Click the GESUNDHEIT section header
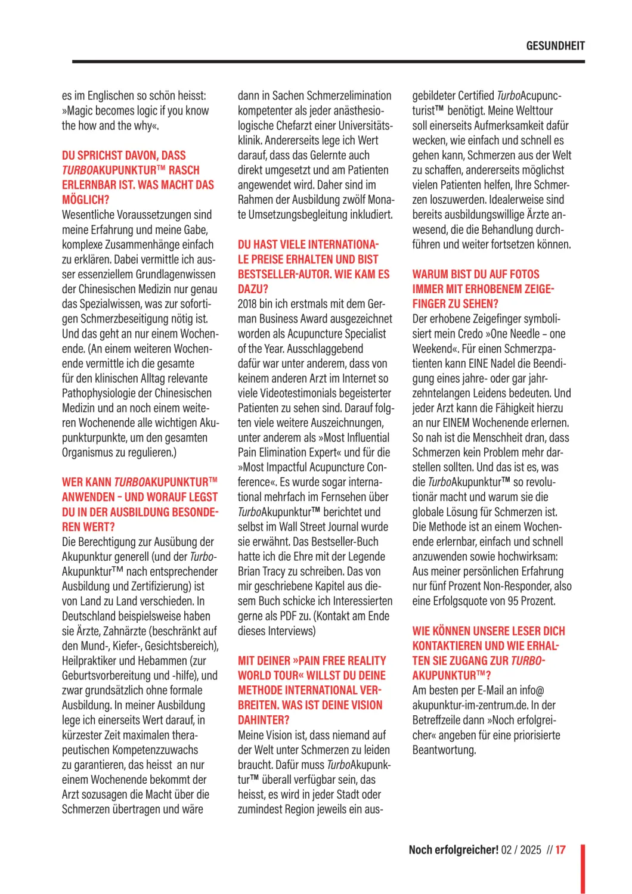pos(555,46)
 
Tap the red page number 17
pos(560,850)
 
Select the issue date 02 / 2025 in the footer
pos(521,850)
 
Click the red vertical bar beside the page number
pos(583,868)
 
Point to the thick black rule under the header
pos(328,61)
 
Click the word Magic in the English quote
pos(82,111)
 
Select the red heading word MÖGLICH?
pos(85,200)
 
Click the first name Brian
pos(250,572)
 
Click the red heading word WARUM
pos(430,275)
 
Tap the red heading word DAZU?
pos(253,290)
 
